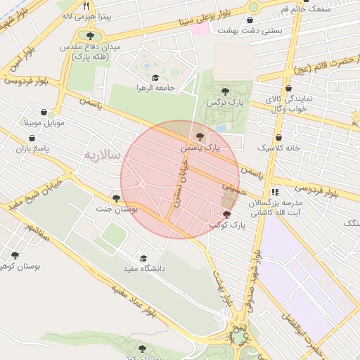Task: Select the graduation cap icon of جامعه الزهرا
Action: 155,77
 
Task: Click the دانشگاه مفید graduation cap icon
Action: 144,258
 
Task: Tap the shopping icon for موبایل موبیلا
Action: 44,112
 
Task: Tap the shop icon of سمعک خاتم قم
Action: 305,1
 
